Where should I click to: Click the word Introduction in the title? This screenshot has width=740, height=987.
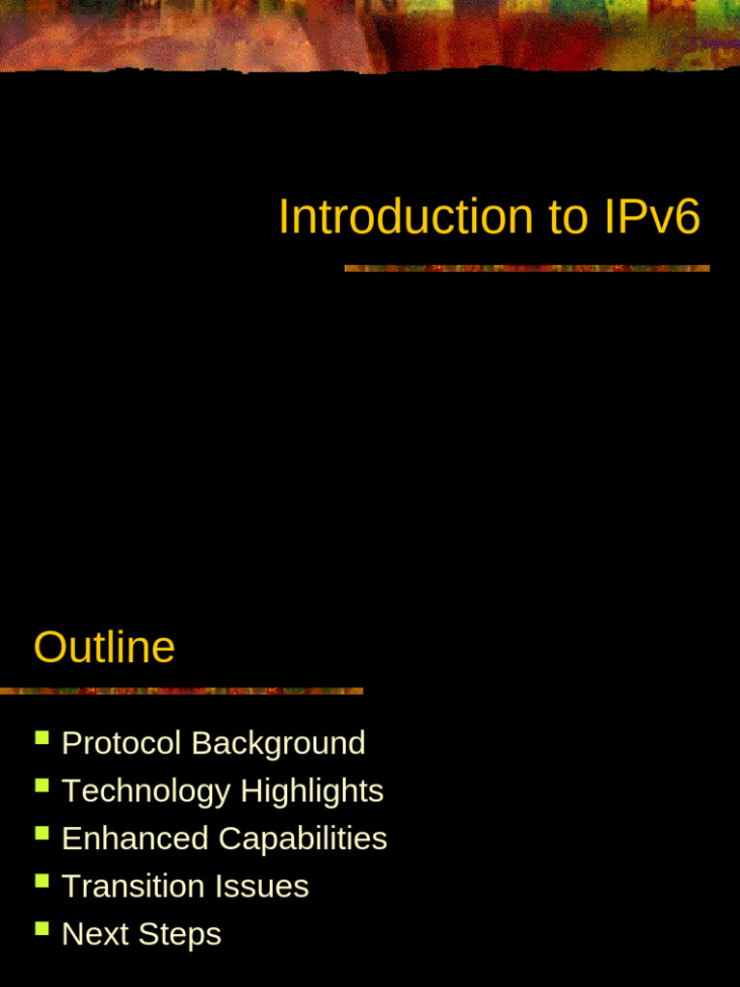pyautogui.click(x=406, y=217)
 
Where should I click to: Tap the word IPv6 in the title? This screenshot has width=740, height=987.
pyautogui.click(x=652, y=217)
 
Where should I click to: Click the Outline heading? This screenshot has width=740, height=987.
pyautogui.click(x=104, y=647)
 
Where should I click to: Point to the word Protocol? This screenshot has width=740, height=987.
pyautogui.click(x=121, y=743)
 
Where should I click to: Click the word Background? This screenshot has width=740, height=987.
pyautogui.click(x=278, y=743)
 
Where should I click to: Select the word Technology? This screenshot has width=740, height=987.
pyautogui.click(x=146, y=791)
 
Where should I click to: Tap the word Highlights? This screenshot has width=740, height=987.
pyautogui.click(x=312, y=791)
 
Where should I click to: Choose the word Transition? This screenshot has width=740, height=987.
pyautogui.click(x=132, y=886)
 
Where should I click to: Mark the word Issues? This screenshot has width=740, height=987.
pyautogui.click(x=265, y=886)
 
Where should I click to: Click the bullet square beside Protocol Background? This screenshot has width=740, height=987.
pyautogui.click(x=41, y=737)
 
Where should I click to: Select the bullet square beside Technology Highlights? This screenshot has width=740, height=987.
pyautogui.click(x=41, y=785)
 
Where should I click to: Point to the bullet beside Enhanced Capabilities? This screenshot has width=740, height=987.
pyautogui.click(x=41, y=833)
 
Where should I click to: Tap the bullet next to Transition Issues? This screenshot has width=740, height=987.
pyautogui.click(x=41, y=880)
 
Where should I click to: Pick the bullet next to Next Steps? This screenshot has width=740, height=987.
pyautogui.click(x=41, y=928)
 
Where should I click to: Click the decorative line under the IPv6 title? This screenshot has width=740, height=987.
pyautogui.click(x=527, y=268)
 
